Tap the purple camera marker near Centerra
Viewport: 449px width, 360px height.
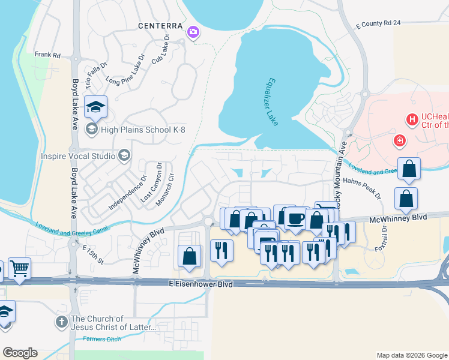coord(193,32)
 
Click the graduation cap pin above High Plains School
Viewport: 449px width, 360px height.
coord(95,107)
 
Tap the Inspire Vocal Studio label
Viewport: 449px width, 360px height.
coord(78,156)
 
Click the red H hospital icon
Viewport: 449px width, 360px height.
coord(412,120)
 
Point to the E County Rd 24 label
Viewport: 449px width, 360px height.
coord(378,24)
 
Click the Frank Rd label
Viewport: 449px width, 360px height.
coord(47,55)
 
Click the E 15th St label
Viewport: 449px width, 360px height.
coord(93,254)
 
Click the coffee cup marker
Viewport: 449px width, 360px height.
coord(295,218)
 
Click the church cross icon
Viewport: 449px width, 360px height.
coord(61,322)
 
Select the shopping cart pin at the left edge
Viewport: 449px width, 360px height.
coord(19,268)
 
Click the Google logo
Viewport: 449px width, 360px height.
coord(20,352)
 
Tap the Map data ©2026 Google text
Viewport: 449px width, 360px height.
coord(411,355)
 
